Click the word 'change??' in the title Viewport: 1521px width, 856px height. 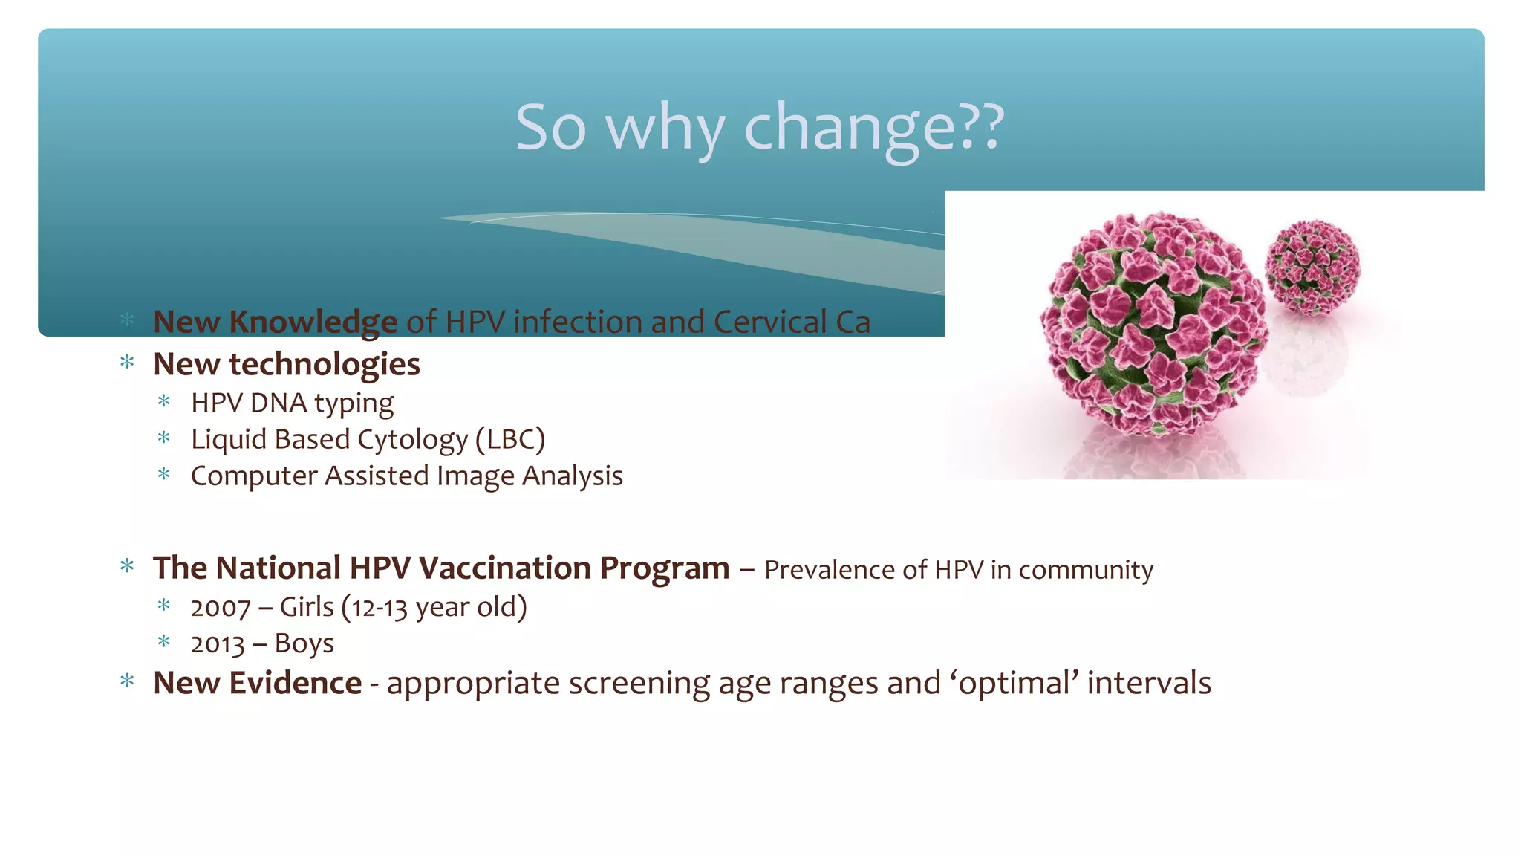pyautogui.click(x=873, y=128)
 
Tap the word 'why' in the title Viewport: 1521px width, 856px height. pyautogui.click(x=664, y=128)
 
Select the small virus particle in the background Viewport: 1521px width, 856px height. pyautogui.click(x=1312, y=266)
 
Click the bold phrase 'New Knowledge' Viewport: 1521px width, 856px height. pyautogui.click(x=275, y=322)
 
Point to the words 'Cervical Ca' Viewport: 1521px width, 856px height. pyautogui.click(x=791, y=322)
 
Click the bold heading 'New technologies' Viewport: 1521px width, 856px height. pyautogui.click(x=287, y=364)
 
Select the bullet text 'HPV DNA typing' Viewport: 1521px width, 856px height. pyautogui.click(x=292, y=403)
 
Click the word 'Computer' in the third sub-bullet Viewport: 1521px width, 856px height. pyautogui.click(x=253, y=476)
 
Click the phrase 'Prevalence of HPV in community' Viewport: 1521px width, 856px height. pyautogui.click(x=958, y=570)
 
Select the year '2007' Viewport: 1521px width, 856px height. pyautogui.click(x=220, y=608)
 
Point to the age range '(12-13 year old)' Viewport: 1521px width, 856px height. pyautogui.click(x=434, y=608)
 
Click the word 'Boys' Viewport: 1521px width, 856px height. pyautogui.click(x=304, y=643)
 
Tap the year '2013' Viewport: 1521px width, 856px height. pyautogui.click(x=217, y=644)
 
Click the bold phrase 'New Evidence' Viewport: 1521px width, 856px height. pyautogui.click(x=257, y=684)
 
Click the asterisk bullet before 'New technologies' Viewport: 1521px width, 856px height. pyautogui.click(x=127, y=363)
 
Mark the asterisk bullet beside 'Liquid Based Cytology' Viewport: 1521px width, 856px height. pyautogui.click(x=164, y=438)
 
